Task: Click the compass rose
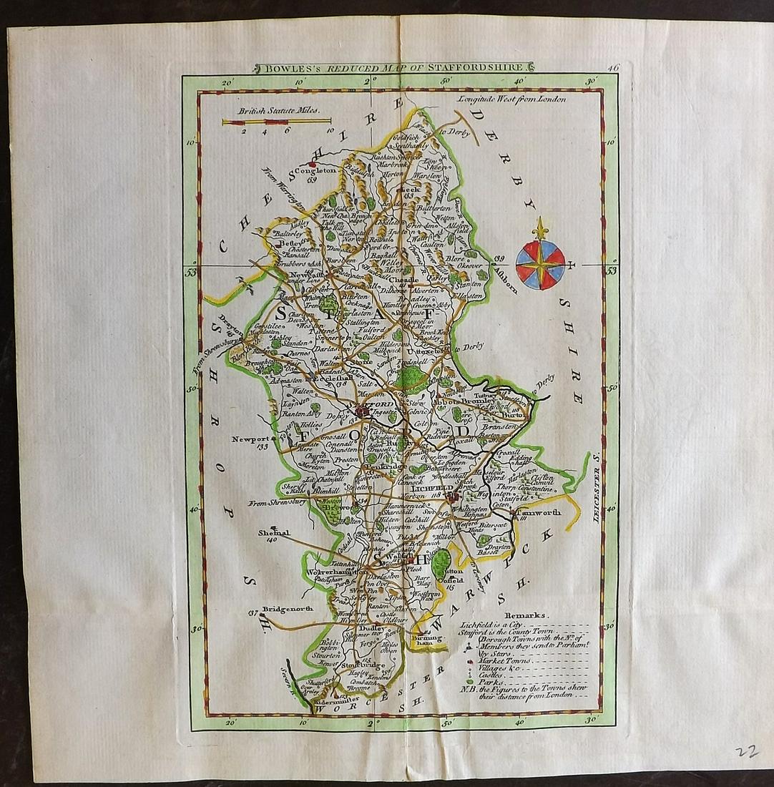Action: pyautogui.click(x=540, y=263)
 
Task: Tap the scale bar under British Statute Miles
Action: pyautogui.click(x=275, y=122)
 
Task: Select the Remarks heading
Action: pyautogui.click(x=526, y=615)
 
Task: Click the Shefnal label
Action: pyautogui.click(x=275, y=533)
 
